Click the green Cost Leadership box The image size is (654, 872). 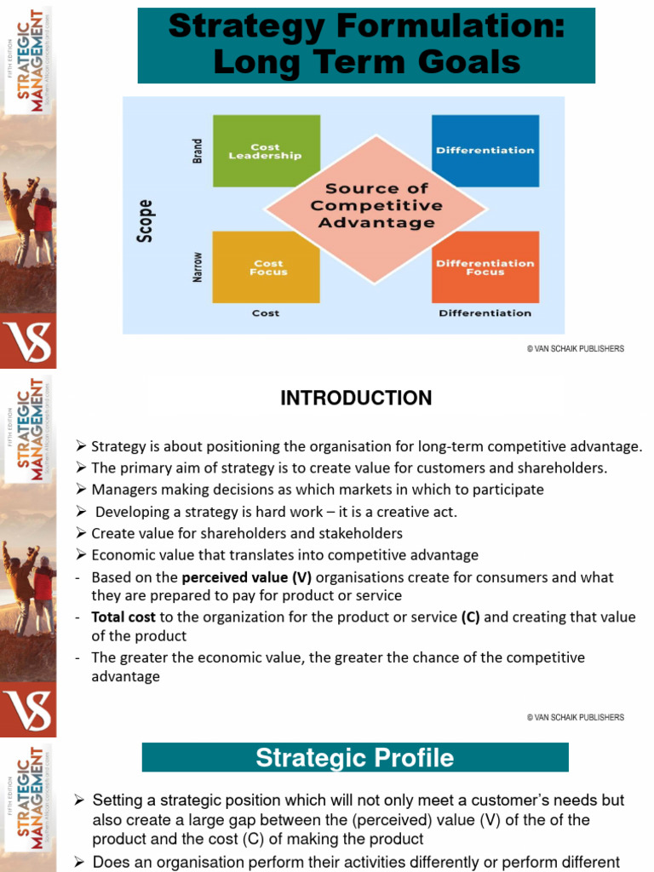click(266, 151)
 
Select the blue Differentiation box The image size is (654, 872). click(485, 151)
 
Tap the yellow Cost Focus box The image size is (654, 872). click(266, 267)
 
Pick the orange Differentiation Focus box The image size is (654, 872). click(485, 267)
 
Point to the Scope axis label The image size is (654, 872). click(146, 221)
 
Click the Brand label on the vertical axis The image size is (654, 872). click(198, 151)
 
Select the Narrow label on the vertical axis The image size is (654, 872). click(198, 266)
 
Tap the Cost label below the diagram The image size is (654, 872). click(266, 313)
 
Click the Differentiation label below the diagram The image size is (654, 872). click(485, 313)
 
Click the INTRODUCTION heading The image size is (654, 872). click(356, 398)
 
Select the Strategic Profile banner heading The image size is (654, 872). click(355, 757)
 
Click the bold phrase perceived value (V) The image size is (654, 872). click(247, 577)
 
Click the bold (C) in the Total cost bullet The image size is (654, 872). click(470, 617)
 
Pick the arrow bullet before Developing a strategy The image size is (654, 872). click(81, 512)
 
